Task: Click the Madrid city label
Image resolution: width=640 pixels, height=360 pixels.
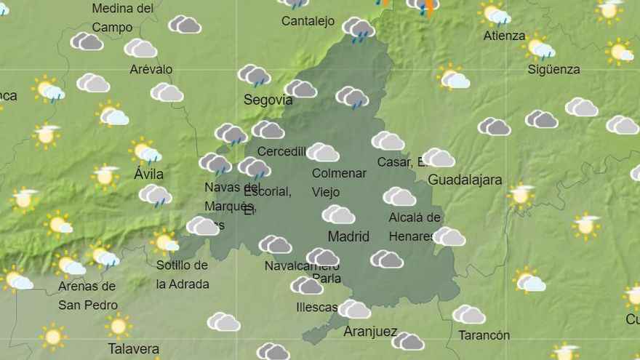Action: pos(348,236)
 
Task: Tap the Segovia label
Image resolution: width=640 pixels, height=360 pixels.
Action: pos(268,100)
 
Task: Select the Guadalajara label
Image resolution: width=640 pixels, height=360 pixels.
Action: pos(465,180)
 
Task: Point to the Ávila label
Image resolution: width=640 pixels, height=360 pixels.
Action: pos(148,175)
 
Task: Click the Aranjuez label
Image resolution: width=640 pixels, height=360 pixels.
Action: pos(370,332)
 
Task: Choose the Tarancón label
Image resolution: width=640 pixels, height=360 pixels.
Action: pos(484,335)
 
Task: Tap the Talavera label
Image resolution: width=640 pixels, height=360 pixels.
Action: pos(133,348)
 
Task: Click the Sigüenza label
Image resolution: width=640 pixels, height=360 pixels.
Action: pos(553,70)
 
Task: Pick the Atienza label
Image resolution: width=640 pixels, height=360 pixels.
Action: pos(504,36)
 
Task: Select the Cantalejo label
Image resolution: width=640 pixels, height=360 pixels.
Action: pos(308,21)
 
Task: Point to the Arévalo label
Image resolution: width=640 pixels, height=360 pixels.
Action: pos(151,69)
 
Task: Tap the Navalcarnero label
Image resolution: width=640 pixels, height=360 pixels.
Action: pos(302,265)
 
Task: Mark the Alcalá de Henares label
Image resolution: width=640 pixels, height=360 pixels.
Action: pos(415,226)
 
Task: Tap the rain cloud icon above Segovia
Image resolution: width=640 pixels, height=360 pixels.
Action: pos(254,75)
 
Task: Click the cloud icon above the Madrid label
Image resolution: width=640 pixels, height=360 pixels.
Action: pos(338,215)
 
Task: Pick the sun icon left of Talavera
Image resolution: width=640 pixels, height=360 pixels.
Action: pos(52,335)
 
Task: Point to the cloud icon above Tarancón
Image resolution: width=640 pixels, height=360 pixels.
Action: pos(468,314)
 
